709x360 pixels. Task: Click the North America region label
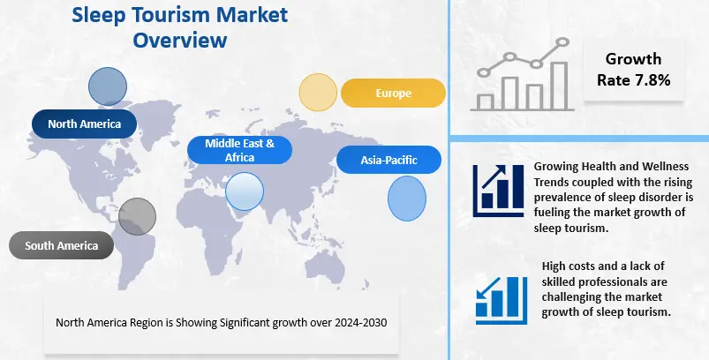pyautogui.click(x=84, y=124)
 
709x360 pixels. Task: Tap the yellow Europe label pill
pyautogui.click(x=393, y=93)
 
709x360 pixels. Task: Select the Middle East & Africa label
pyautogui.click(x=239, y=150)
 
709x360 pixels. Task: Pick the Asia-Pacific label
pyautogui.click(x=388, y=160)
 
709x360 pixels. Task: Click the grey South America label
pyautogui.click(x=61, y=245)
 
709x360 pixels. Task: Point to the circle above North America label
pyautogui.click(x=108, y=86)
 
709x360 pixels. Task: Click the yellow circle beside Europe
pyautogui.click(x=318, y=92)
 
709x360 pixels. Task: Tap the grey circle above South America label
pyautogui.click(x=138, y=216)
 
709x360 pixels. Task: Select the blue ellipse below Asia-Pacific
pyautogui.click(x=407, y=199)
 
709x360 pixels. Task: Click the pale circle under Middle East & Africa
pyautogui.click(x=245, y=191)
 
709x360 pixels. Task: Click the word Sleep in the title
pyautogui.click(x=95, y=15)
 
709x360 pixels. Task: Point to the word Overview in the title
pyautogui.click(x=180, y=40)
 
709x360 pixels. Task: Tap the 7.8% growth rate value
pyautogui.click(x=654, y=80)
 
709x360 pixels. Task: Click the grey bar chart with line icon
pyautogui.click(x=523, y=74)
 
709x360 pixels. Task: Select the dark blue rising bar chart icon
pyautogui.click(x=498, y=191)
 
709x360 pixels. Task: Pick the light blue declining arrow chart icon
pyautogui.click(x=502, y=300)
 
